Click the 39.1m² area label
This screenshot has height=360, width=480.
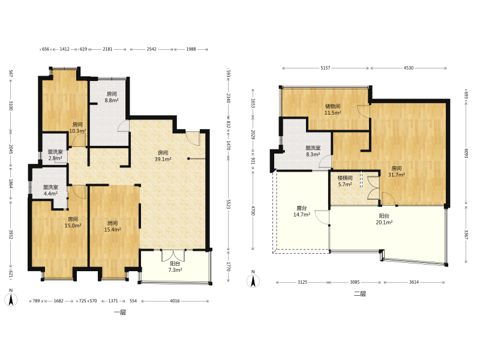click(163, 156)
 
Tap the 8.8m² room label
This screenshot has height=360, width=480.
click(112, 97)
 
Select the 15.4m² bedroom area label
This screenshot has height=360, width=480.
click(112, 226)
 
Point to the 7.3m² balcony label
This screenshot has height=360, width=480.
click(175, 266)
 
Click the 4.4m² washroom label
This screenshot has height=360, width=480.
click(50, 190)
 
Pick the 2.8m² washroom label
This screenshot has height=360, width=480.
click(55, 155)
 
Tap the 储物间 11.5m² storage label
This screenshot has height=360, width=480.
click(333, 109)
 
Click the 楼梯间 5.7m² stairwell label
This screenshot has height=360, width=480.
click(345, 181)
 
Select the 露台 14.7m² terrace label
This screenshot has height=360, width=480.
click(302, 212)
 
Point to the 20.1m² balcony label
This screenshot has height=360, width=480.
click(384, 219)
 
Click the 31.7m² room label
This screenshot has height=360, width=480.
click(397, 172)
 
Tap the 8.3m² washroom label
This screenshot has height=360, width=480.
click(313, 151)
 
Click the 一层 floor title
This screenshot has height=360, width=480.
click(120, 312)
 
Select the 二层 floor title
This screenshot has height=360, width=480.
click(360, 294)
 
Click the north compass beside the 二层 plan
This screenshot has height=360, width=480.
click(253, 280)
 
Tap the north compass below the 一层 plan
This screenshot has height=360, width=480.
click(11, 298)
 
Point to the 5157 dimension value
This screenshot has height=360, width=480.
click(325, 68)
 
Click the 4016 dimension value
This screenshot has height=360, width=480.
click(175, 301)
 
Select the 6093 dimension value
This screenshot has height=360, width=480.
click(466, 154)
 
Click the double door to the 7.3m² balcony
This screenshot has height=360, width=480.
click(173, 255)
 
